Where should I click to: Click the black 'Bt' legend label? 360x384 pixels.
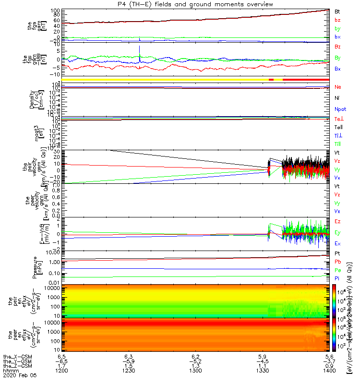click(x=337, y=11)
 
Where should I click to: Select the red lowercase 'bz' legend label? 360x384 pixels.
click(x=337, y=20)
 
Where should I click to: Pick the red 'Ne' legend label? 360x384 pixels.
click(x=338, y=87)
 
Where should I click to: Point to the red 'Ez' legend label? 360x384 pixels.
click(x=338, y=221)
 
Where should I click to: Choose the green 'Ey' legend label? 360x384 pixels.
click(x=338, y=232)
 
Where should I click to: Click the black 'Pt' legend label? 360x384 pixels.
click(x=337, y=253)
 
